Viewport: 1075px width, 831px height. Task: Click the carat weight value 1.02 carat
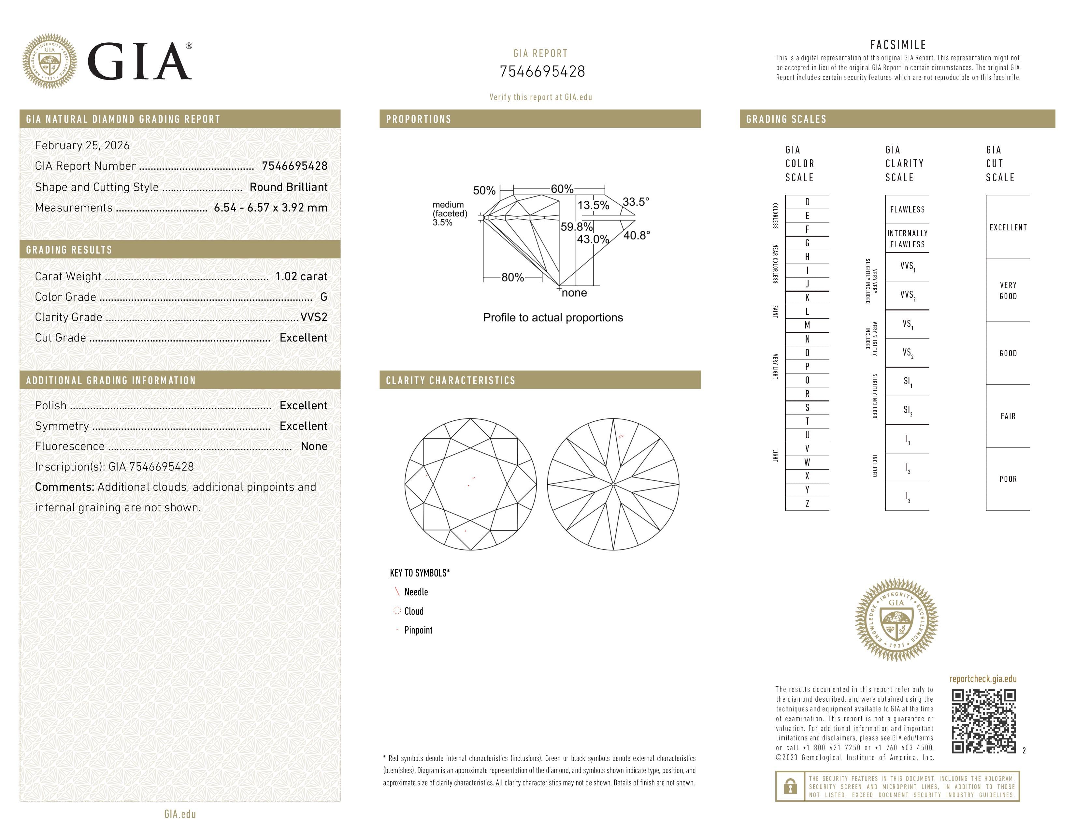[x=301, y=276]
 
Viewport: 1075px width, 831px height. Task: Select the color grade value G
[x=323, y=297]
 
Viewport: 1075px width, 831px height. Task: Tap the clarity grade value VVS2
[x=313, y=317]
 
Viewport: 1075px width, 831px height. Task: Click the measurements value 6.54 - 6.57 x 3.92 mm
[x=270, y=208]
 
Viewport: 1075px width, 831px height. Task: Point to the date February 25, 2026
[x=82, y=145]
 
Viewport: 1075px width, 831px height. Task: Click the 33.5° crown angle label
[x=636, y=202]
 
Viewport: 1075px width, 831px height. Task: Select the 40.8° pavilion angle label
[x=637, y=235]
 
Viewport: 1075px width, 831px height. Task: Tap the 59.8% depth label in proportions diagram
[x=576, y=227]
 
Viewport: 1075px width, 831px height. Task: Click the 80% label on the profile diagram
[x=512, y=277]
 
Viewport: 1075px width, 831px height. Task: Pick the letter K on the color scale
[x=807, y=298]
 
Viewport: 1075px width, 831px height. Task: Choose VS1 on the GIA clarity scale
[x=907, y=324]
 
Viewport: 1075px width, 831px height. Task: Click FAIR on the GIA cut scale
[x=1008, y=416]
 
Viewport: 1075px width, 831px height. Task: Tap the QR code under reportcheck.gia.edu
[x=983, y=721]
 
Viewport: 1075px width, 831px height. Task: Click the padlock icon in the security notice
[x=790, y=786]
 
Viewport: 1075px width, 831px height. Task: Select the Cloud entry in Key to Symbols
[x=413, y=611]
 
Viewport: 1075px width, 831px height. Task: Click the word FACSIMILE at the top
[x=898, y=45]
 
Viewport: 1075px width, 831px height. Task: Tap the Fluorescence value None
[x=313, y=446]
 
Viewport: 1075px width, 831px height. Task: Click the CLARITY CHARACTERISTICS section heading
[x=451, y=381]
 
